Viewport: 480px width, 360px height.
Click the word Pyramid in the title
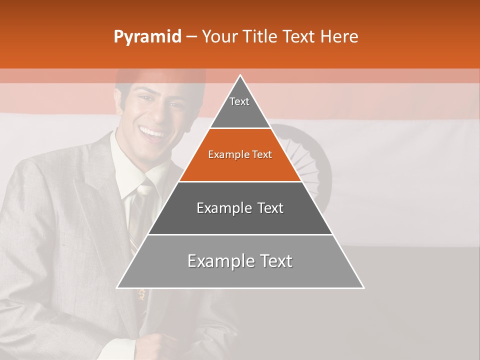point(147,37)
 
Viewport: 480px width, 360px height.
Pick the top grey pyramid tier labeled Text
point(239,107)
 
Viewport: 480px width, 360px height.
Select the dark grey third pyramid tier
point(240,208)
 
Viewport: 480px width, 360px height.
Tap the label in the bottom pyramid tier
point(240,261)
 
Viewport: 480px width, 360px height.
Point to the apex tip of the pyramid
point(240,75)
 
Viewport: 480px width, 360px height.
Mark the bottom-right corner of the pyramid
point(363,287)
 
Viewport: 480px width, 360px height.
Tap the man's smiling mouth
point(152,132)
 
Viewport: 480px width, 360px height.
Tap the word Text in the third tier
point(270,208)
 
